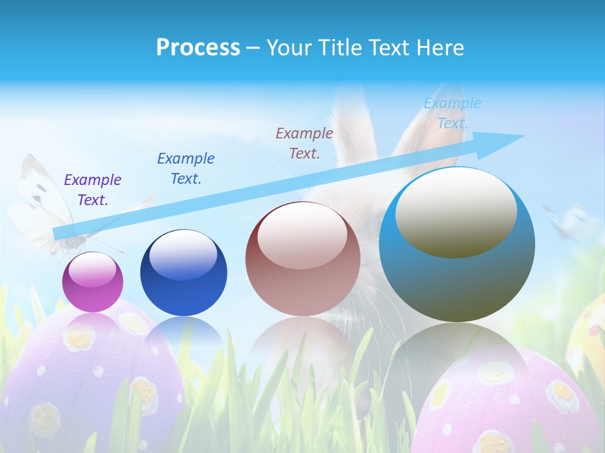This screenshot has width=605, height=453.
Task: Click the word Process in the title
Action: (198, 48)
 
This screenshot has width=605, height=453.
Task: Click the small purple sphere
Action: (93, 282)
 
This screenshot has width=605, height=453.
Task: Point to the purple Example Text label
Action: (93, 190)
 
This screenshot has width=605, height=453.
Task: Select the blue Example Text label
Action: (186, 169)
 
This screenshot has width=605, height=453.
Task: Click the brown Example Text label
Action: (304, 143)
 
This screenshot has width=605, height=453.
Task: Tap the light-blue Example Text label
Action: (452, 113)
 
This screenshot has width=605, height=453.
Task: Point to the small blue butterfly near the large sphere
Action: (570, 220)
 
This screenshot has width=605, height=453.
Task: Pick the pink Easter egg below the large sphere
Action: (504, 403)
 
